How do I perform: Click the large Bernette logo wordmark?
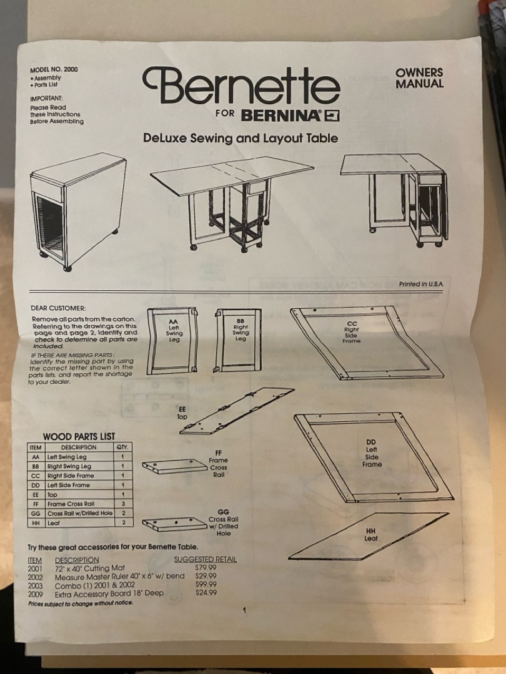241,85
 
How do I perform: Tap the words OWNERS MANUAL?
419,78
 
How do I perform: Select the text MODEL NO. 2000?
54,70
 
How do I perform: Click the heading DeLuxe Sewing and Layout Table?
241,139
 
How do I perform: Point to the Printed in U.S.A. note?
421,284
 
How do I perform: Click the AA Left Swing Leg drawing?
172,341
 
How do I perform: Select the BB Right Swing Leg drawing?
238,340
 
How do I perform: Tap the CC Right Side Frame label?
352,332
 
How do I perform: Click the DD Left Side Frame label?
371,453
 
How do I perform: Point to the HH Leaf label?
370,535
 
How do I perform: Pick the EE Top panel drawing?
237,411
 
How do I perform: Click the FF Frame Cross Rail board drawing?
175,466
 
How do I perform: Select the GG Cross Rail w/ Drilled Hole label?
223,523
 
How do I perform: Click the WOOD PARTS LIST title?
79,437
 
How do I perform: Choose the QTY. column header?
122,447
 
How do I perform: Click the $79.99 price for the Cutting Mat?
206,568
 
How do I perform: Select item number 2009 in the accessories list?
35,595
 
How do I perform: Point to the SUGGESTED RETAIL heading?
206,559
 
